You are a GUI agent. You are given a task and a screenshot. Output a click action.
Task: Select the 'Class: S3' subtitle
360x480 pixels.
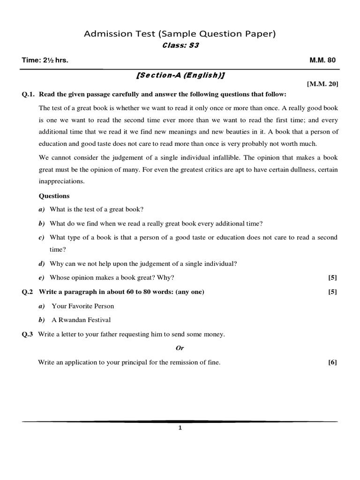(x=180, y=45)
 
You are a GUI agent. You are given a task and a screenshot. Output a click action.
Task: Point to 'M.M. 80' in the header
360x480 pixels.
(x=322, y=60)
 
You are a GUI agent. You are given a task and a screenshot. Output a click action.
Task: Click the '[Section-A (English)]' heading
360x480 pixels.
(x=180, y=75)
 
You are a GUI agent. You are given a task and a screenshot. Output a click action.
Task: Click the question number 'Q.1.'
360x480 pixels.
(x=29, y=94)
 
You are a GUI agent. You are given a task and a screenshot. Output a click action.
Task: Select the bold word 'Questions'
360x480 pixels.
(x=54, y=196)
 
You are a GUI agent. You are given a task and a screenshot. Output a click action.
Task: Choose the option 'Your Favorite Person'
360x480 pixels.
(x=83, y=306)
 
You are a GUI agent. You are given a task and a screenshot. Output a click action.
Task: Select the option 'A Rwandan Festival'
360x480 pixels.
(x=81, y=320)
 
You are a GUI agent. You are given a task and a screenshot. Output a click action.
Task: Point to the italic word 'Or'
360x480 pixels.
(x=180, y=348)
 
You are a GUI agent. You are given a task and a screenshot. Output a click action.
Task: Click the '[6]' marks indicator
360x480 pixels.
(x=332, y=362)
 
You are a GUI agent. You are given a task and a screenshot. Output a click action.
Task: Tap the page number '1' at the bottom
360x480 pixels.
(x=180, y=427)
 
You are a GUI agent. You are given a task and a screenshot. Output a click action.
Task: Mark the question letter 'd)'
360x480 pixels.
(x=41, y=264)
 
